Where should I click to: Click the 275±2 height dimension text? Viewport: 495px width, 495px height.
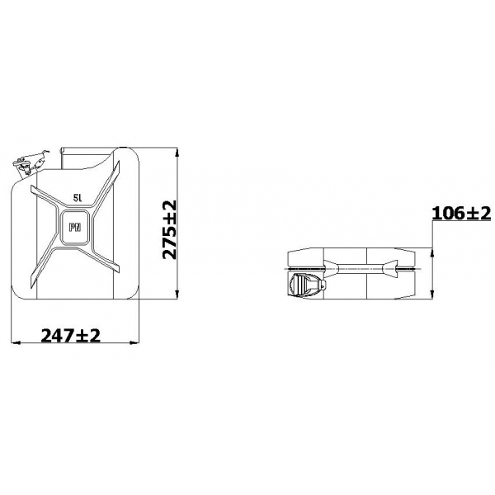[x=169, y=229]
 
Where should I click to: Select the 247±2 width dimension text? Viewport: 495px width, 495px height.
[x=71, y=335]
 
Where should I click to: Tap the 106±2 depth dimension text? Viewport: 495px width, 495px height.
[x=461, y=213]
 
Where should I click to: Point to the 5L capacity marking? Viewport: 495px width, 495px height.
[x=78, y=198]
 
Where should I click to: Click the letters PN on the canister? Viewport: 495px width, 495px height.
[x=75, y=227]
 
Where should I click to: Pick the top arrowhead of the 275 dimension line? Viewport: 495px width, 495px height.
[x=177, y=152]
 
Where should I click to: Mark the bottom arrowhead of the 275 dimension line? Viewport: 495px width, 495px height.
[x=177, y=295]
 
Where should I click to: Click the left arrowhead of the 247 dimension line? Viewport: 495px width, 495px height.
[x=16, y=342]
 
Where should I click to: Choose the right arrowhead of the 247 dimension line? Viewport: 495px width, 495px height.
[x=134, y=342]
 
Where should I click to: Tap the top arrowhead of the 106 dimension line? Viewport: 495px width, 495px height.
[x=432, y=253]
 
